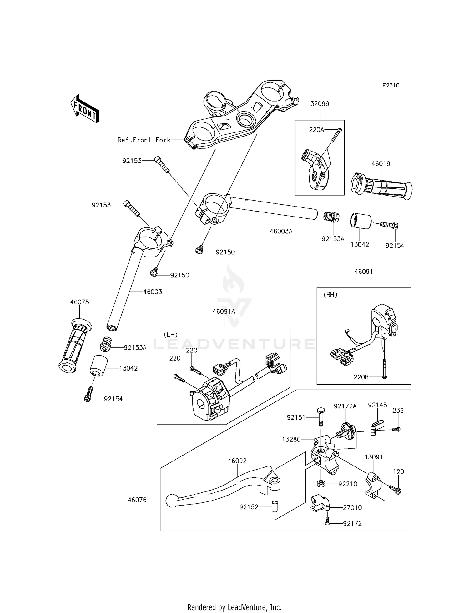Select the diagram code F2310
click(391, 86)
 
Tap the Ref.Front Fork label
click(144, 140)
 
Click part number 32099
click(320, 104)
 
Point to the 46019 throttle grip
click(382, 186)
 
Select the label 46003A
click(281, 232)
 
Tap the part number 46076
click(137, 500)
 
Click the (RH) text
click(330, 295)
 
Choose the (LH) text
click(171, 335)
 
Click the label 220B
click(361, 377)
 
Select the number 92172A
click(345, 406)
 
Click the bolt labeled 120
click(395, 490)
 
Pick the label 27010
click(352, 508)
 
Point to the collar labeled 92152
click(275, 506)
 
